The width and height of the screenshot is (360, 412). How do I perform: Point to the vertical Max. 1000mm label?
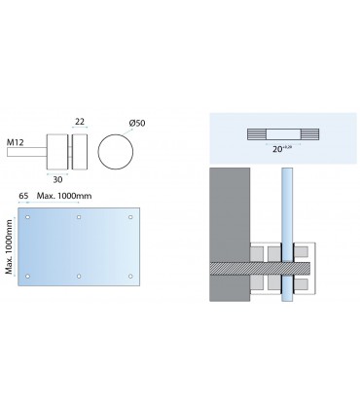coord(10,245)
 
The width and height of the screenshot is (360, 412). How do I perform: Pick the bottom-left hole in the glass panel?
coord(30,277)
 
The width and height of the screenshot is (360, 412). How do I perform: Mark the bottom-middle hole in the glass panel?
coord(80,277)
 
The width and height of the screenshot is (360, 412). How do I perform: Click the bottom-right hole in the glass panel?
coord(129,277)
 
